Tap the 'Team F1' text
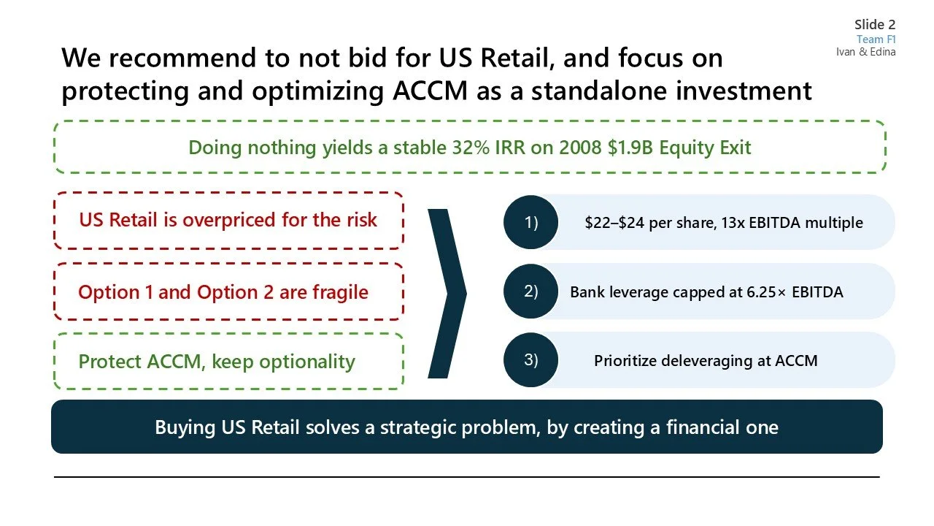coord(876,39)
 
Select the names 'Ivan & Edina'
coord(865,52)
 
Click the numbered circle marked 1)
coord(530,222)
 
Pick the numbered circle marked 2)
coord(530,291)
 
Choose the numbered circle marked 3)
coord(530,360)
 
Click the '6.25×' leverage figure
coord(757,292)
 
